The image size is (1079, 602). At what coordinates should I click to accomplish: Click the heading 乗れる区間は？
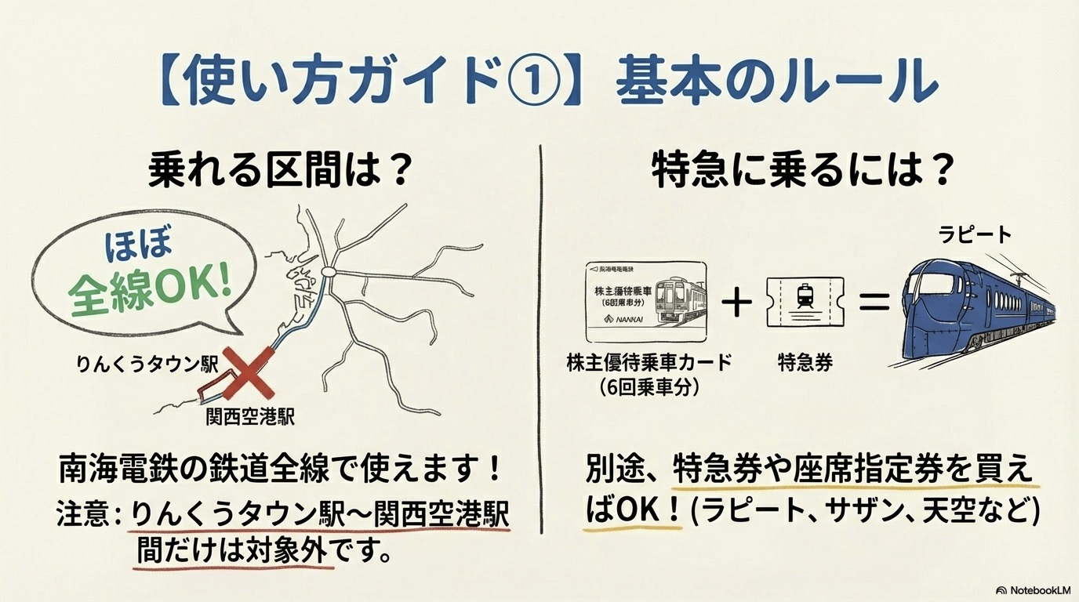280,171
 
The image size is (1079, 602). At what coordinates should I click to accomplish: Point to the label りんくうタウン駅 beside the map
147,364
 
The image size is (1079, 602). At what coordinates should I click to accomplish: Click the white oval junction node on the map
329,273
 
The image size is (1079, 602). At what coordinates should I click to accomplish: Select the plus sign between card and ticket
736,303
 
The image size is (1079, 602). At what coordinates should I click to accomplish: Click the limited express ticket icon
805,303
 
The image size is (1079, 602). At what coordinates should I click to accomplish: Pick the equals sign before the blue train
874,301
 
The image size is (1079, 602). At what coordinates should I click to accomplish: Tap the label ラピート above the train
975,234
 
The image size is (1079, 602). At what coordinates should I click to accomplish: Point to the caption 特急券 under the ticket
805,362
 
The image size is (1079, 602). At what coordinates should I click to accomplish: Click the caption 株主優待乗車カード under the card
648,362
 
